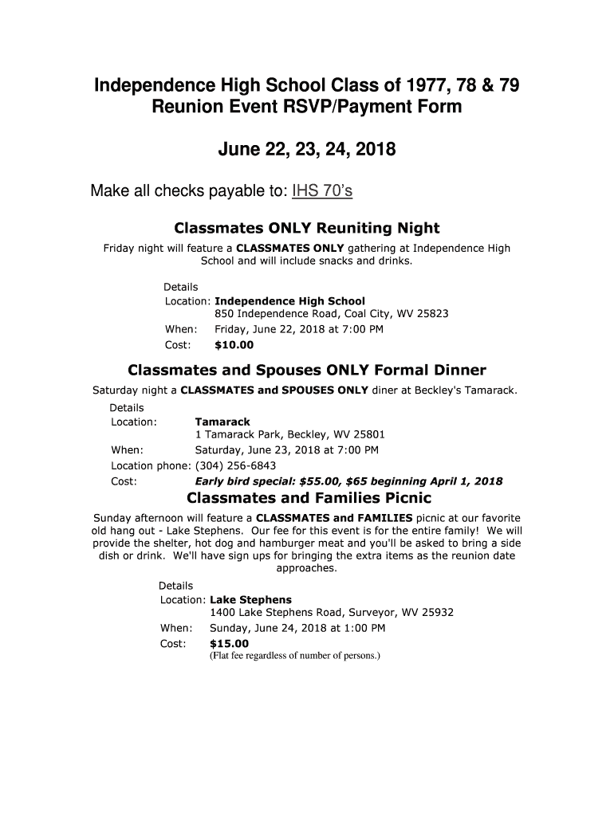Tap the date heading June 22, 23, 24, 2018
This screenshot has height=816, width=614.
307,149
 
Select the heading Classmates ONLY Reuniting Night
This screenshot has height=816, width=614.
307,228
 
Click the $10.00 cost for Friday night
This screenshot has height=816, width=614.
234,345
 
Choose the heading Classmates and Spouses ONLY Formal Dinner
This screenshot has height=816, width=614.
307,370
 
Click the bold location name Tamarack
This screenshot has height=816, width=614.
222,422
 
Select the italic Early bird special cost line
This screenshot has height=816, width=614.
348,481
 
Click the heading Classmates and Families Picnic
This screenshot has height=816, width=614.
309,498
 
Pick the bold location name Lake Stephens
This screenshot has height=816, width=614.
250,599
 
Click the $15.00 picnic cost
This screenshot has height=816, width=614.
229,644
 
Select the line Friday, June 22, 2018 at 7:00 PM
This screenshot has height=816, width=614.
299,329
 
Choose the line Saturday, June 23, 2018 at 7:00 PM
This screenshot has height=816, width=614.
287,450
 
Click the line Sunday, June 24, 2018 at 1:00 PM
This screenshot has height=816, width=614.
297,628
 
